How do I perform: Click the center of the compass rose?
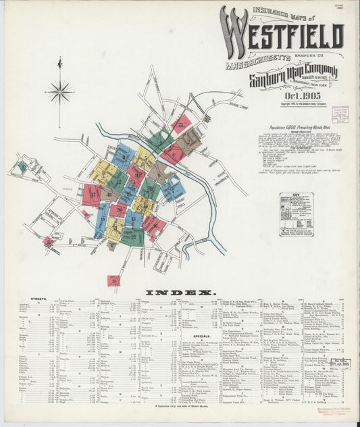(x=59, y=91)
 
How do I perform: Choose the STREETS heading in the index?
(x=38, y=299)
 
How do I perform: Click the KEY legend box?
(x=296, y=214)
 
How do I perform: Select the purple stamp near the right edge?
(x=340, y=114)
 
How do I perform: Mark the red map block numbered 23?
(x=180, y=124)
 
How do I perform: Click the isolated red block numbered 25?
(x=114, y=280)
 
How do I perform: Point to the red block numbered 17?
(x=91, y=195)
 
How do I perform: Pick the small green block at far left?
(x=22, y=166)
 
